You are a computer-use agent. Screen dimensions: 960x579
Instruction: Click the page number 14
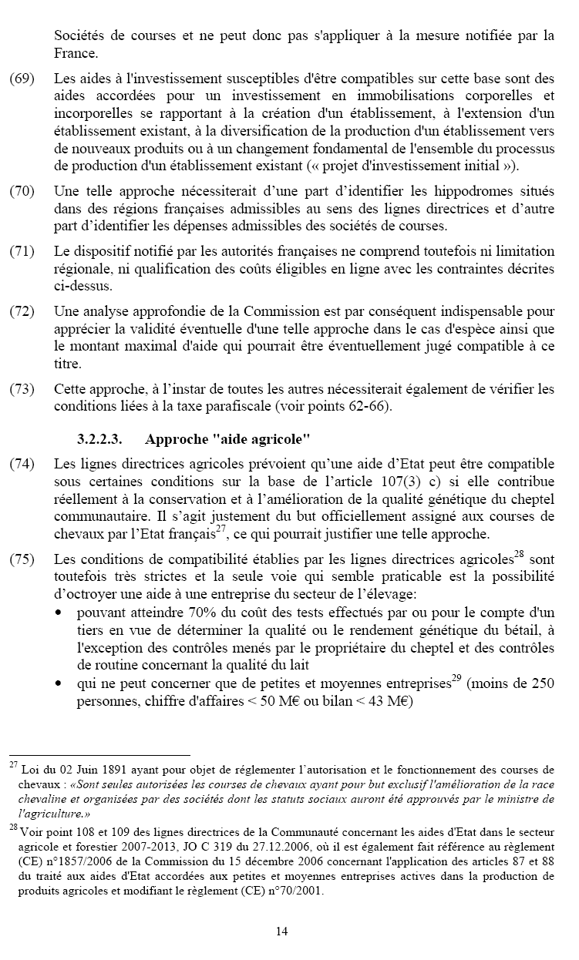pos(281,931)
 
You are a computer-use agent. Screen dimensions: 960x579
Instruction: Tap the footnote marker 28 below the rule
pos(14,827)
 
